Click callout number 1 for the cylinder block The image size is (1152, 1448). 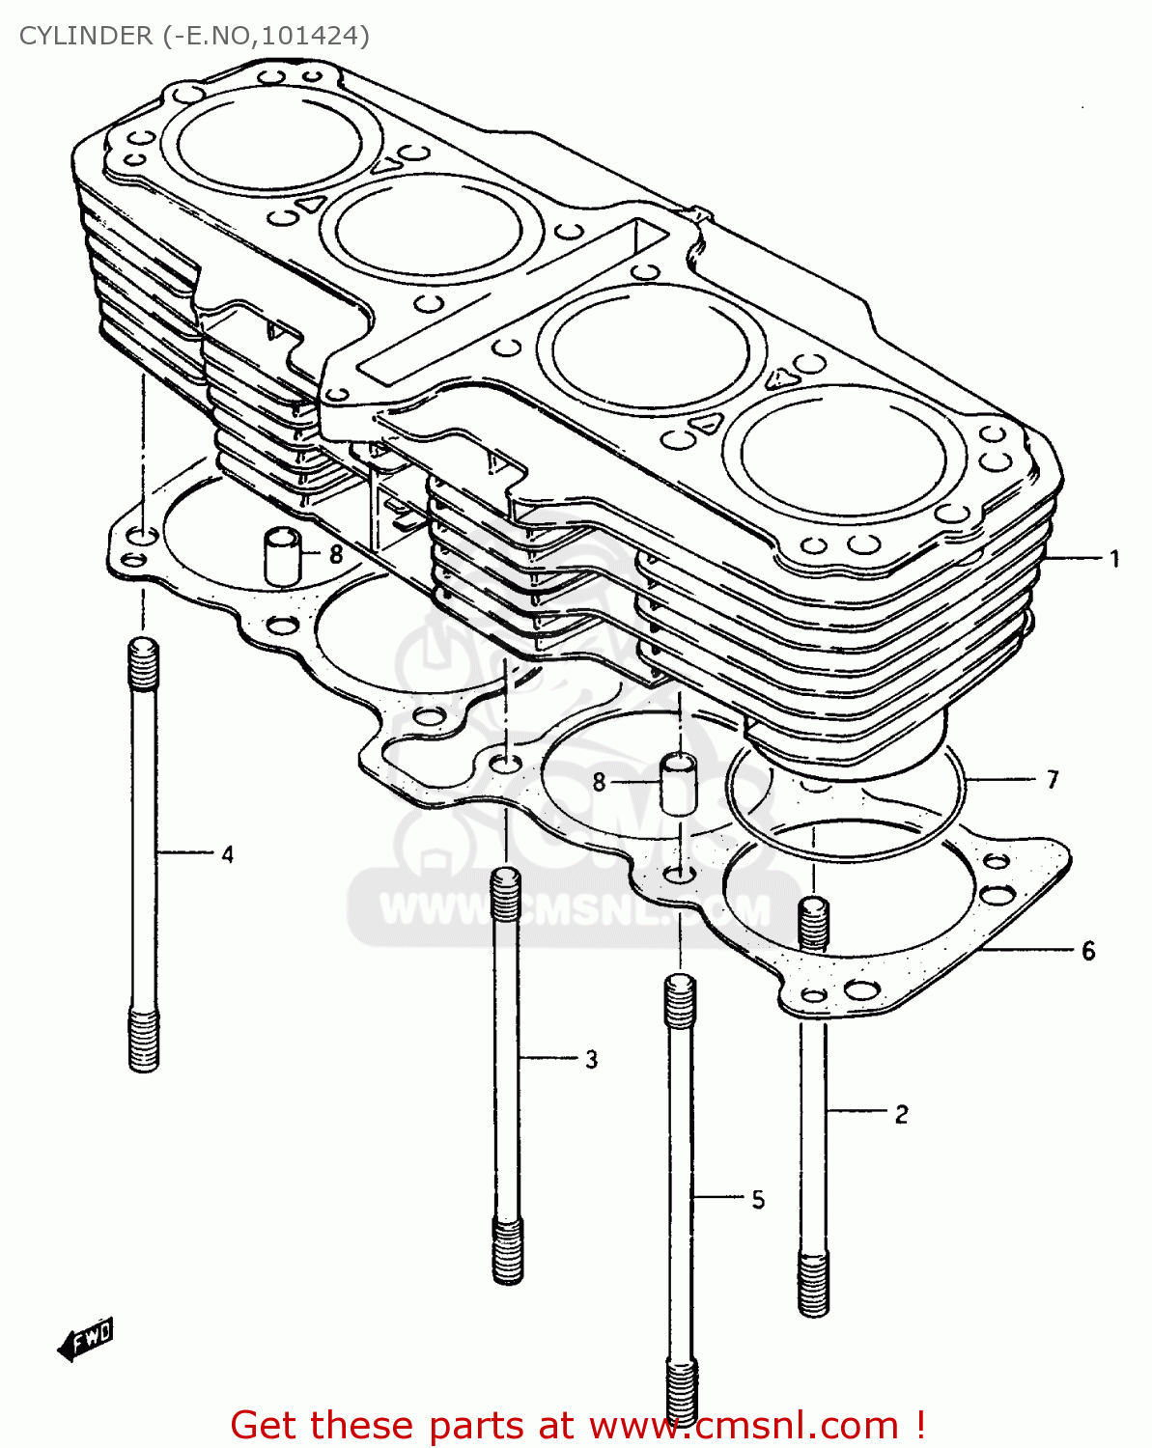(x=1114, y=559)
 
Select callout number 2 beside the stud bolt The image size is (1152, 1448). (x=901, y=1115)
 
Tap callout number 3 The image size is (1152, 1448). (x=591, y=1059)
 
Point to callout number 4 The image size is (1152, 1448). (x=227, y=854)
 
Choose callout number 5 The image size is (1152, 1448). (x=758, y=1199)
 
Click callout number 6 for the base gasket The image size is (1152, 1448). (x=1088, y=951)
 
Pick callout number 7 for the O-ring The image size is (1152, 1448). (x=1053, y=779)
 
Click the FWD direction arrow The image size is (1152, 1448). (x=85, y=1340)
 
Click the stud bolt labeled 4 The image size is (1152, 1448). (x=144, y=854)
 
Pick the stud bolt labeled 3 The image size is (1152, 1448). (x=507, y=1072)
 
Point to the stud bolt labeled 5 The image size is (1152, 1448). (x=680, y=1197)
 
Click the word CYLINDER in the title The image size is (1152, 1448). (x=86, y=36)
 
